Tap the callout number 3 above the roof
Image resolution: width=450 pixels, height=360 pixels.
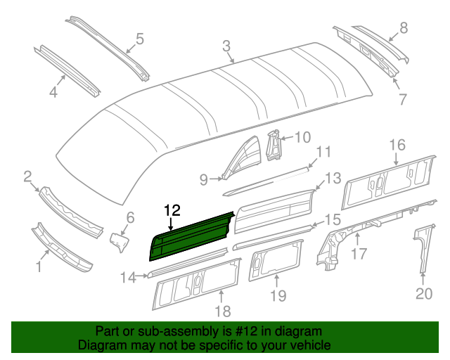point(226,46)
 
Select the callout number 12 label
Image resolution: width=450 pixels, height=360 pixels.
point(172,210)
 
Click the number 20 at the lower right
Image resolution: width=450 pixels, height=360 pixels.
point(423,294)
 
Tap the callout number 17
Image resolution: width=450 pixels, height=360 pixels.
point(358,252)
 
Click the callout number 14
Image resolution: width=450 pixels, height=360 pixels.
point(127,278)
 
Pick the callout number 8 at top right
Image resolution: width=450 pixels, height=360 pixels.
point(403,28)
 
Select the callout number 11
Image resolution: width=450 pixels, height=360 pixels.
point(323,153)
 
